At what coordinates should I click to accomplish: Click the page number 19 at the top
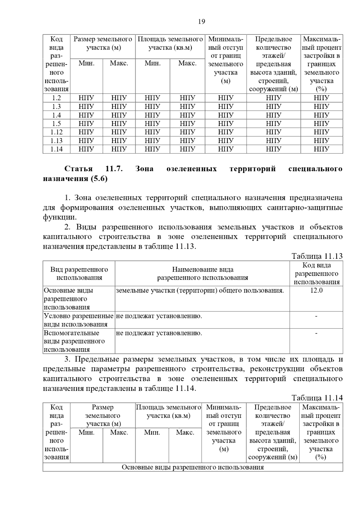(202, 22)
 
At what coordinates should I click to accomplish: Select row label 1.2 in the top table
(56, 98)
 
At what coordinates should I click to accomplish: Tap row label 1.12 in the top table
(56, 132)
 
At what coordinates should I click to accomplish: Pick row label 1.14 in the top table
(56, 149)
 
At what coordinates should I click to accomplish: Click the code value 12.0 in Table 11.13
(316, 290)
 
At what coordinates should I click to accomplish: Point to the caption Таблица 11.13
(317, 256)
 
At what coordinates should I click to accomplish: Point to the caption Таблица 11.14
(317, 398)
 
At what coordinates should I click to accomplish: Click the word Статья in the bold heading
(79, 169)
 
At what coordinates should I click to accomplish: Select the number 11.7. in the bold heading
(114, 169)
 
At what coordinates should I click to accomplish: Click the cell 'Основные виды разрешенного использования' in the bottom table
(193, 467)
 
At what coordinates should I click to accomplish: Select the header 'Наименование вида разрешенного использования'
(202, 274)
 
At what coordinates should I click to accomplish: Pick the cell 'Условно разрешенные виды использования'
(79, 320)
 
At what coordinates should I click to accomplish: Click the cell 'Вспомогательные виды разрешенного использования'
(74, 341)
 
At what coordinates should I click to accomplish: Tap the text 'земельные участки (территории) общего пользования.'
(200, 290)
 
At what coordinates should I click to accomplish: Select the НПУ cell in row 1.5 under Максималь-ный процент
(322, 124)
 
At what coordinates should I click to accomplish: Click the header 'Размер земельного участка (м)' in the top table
(103, 43)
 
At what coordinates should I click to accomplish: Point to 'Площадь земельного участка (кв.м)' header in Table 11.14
(168, 412)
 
